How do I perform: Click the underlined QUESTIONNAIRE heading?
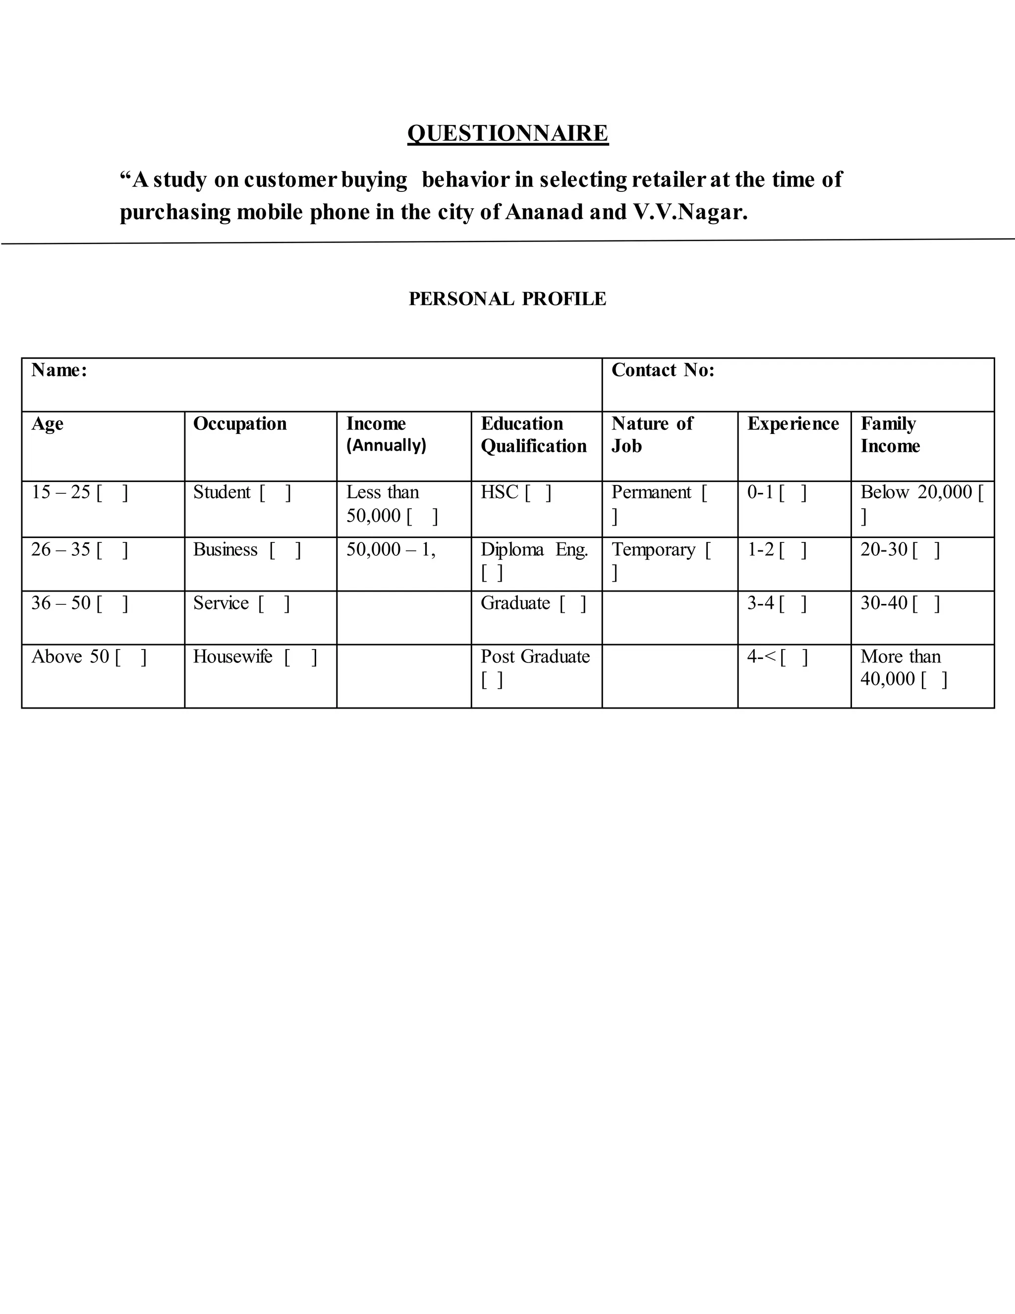[x=507, y=133]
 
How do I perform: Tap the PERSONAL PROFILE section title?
[x=507, y=299]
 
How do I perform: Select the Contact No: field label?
[x=663, y=370]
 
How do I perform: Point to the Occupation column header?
[x=240, y=423]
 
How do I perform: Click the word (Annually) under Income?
[x=386, y=445]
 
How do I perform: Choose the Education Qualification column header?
[x=533, y=434]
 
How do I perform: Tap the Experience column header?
[x=792, y=423]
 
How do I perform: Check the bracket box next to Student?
[x=276, y=493]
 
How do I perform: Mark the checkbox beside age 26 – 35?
[x=113, y=550]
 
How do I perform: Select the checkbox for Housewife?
[x=301, y=657]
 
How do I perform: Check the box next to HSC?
[x=538, y=493]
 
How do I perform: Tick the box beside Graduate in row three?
[x=572, y=603]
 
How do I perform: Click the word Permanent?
[x=651, y=492]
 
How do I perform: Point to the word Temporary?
[x=653, y=550]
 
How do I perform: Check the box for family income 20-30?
[x=925, y=550]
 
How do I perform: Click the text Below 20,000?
[x=916, y=492]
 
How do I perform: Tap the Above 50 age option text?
[x=70, y=657]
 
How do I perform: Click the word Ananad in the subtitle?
[x=544, y=212]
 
